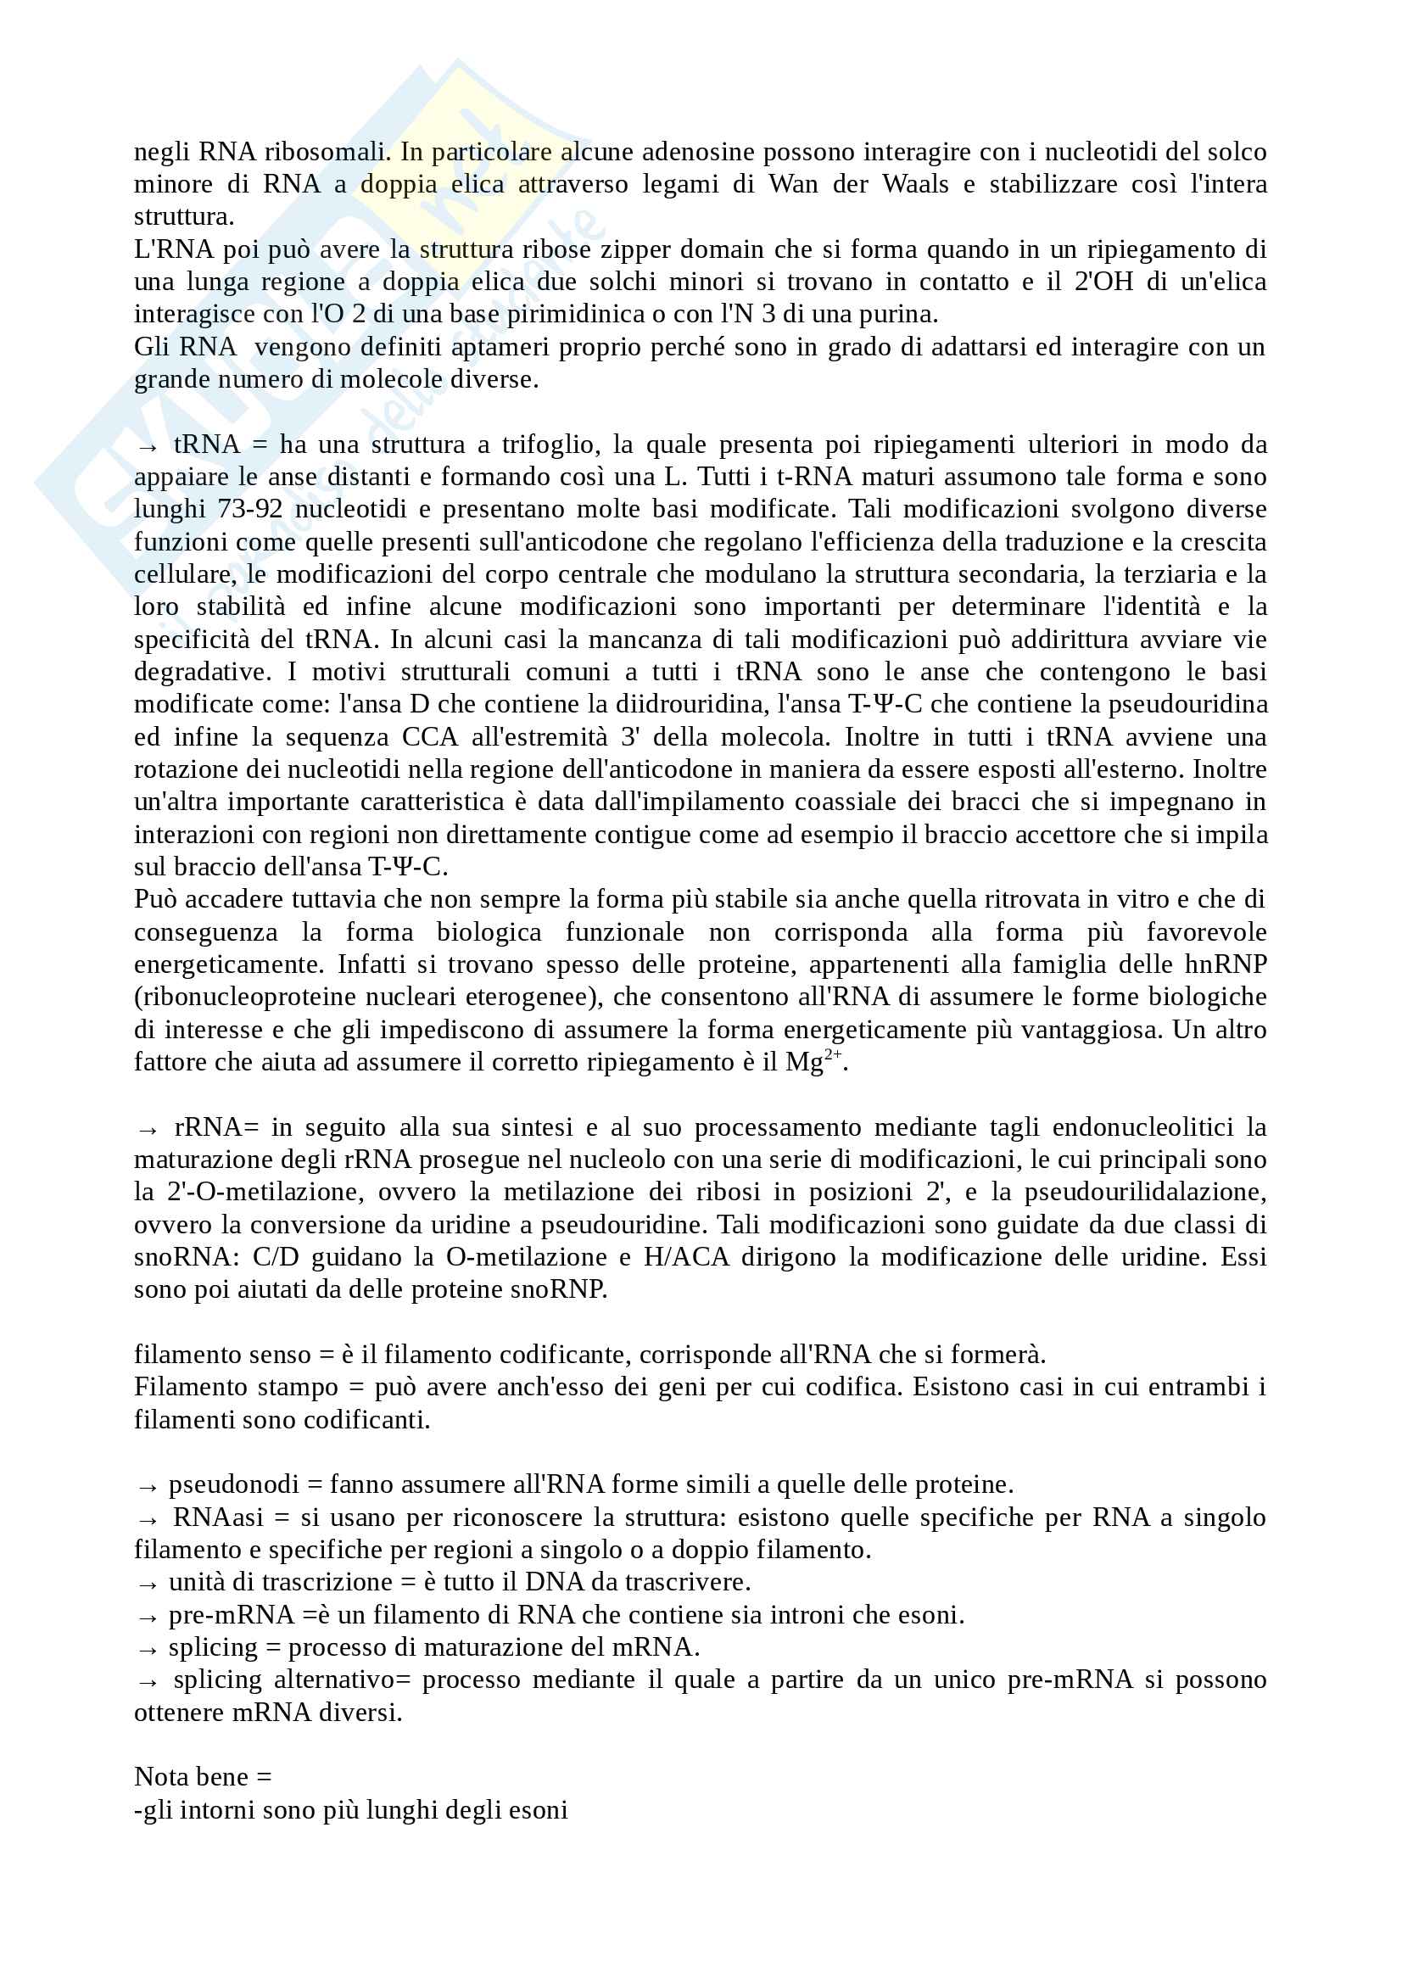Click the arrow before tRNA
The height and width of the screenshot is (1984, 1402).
pyautogui.click(x=148, y=446)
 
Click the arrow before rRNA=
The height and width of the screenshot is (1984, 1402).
pyautogui.click(x=148, y=1128)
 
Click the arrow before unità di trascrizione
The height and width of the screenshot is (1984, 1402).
pyautogui.click(x=148, y=1584)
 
